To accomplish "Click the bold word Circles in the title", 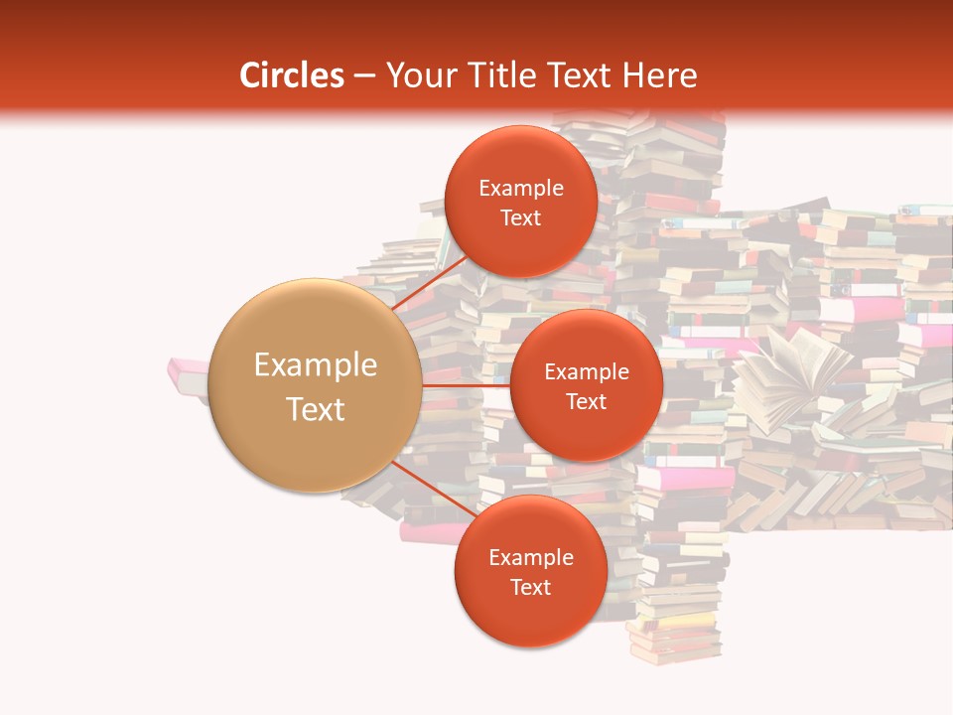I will click(x=292, y=75).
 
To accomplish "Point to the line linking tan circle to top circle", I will click(x=429, y=282).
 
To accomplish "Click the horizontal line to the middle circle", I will click(x=466, y=384).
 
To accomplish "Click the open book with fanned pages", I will click(x=794, y=377).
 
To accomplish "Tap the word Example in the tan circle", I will click(x=316, y=365).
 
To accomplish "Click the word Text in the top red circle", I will click(x=520, y=218).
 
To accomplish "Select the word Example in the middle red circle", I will click(x=586, y=372).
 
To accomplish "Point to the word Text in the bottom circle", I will click(x=530, y=587).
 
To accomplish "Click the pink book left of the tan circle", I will click(x=189, y=374).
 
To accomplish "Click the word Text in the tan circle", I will click(x=316, y=409).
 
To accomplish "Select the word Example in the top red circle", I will click(x=520, y=189).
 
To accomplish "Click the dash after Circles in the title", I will click(x=363, y=76).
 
